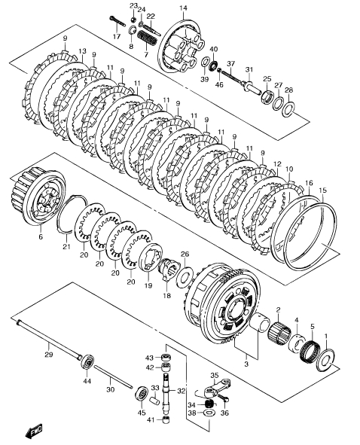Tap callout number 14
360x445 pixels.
coord(184,8)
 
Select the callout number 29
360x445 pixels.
coord(49,355)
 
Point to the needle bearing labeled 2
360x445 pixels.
coord(279,332)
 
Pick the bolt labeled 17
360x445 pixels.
coord(117,21)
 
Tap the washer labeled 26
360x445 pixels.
coord(185,275)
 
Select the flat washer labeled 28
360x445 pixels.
coord(288,108)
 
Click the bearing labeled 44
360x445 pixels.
coord(87,362)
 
